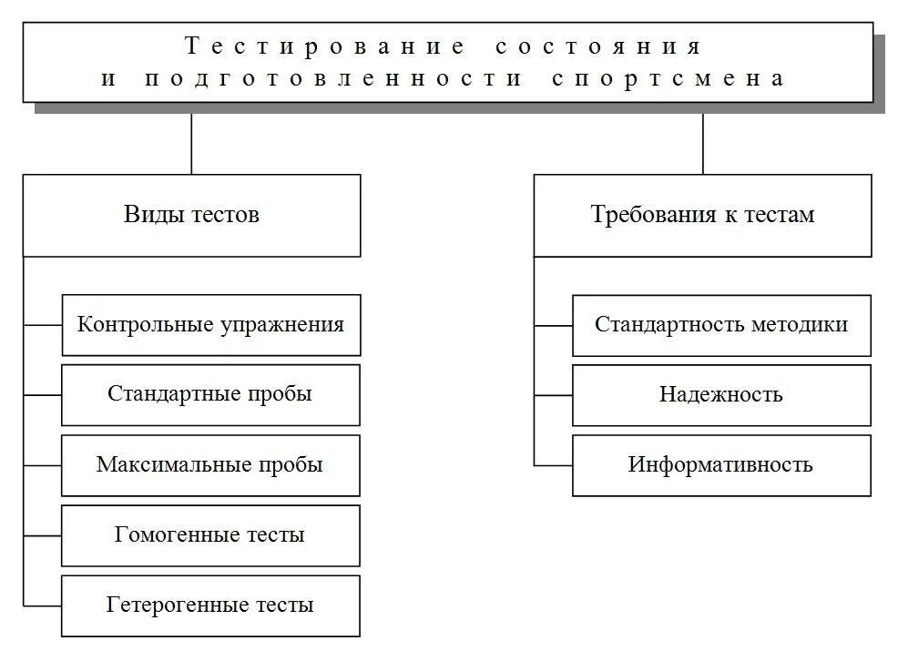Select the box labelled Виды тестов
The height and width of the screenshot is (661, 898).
tap(191, 215)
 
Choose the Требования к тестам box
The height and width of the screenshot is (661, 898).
tap(702, 215)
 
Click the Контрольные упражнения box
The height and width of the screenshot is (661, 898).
tap(210, 324)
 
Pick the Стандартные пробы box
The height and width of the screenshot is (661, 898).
tap(210, 394)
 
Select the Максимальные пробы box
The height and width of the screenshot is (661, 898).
tap(210, 464)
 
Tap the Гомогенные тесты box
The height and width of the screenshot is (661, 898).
tap(210, 534)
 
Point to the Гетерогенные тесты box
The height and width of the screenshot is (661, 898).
tap(210, 605)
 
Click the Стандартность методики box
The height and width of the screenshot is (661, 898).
tap(721, 324)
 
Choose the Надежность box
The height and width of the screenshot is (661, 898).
tap(721, 394)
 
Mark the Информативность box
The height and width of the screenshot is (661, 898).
tap(721, 464)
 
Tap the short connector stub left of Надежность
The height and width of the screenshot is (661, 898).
tap(553, 395)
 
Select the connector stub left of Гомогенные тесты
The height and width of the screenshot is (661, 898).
tap(42, 535)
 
